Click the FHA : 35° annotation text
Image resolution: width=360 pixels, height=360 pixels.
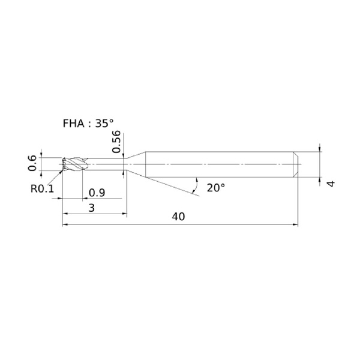pos(88,124)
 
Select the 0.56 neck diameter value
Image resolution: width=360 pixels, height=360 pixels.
pos(116,142)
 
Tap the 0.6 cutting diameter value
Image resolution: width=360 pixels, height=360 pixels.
pos(32,163)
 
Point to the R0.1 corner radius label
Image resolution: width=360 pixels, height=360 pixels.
pos(42,189)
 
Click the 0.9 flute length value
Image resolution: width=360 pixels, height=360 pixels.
pos(97,193)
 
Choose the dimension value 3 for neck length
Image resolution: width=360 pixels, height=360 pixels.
pos(92,208)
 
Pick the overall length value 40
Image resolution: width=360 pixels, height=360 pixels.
pos(178,217)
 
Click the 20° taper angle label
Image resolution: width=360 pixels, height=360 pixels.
pos(216,188)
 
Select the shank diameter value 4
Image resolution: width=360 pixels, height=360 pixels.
pos(331,184)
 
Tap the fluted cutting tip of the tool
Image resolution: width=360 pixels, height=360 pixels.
pos(73,164)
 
